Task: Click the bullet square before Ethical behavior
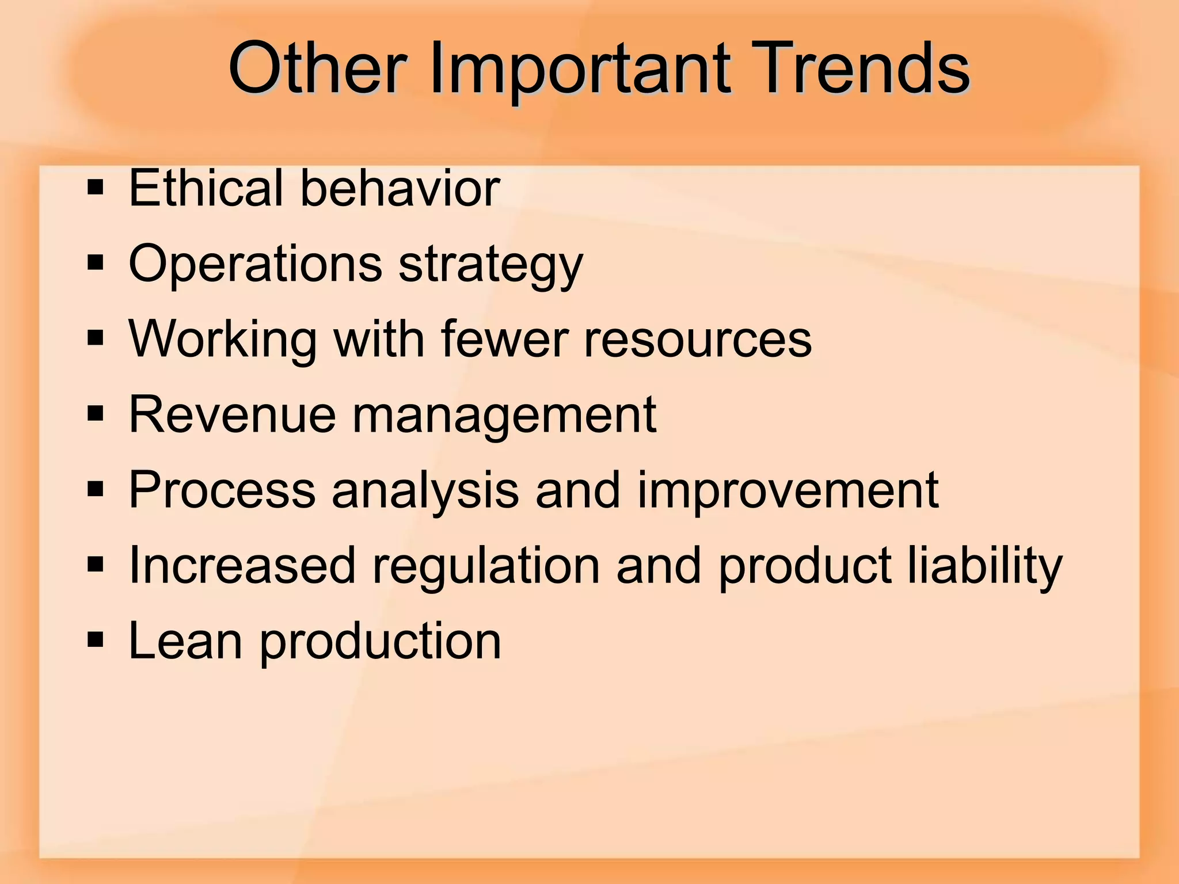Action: [96, 188]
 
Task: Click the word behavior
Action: [400, 188]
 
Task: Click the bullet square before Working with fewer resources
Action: [96, 339]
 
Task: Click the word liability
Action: [984, 566]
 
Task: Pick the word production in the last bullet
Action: [380, 642]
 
